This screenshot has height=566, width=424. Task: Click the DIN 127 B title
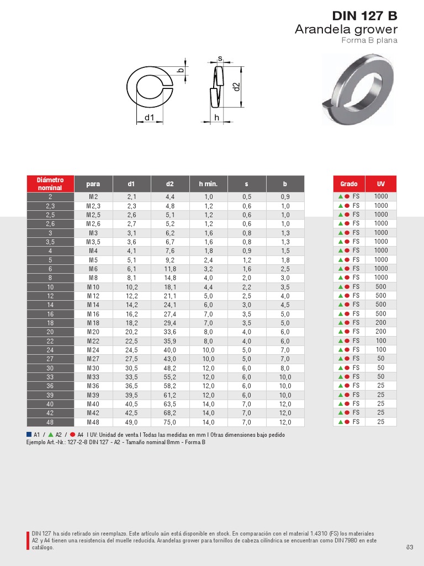[x=364, y=15]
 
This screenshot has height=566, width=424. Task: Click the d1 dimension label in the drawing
[x=149, y=117]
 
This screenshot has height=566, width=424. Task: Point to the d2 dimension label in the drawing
[x=236, y=86]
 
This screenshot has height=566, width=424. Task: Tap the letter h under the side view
[x=217, y=117]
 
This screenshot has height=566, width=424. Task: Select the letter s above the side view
[x=220, y=58]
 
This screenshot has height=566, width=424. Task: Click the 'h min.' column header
[x=208, y=184]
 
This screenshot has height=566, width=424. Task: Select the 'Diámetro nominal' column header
[x=50, y=184]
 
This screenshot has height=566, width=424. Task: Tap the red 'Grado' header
[x=349, y=184]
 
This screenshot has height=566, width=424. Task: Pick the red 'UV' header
[x=381, y=184]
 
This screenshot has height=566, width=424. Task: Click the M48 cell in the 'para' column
[x=93, y=422]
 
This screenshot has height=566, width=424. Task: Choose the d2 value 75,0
[x=169, y=422]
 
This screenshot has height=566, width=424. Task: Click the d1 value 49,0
[x=131, y=422]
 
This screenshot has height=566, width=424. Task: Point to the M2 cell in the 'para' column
[x=93, y=197]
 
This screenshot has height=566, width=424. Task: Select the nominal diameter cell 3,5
[x=50, y=242]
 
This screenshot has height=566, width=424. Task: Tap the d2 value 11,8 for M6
[x=169, y=269]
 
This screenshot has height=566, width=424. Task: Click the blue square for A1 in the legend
[x=29, y=434]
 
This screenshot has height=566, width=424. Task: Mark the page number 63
[x=410, y=547]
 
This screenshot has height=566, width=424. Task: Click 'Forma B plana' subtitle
[x=369, y=40]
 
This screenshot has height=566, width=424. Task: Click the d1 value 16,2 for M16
[x=131, y=313]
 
